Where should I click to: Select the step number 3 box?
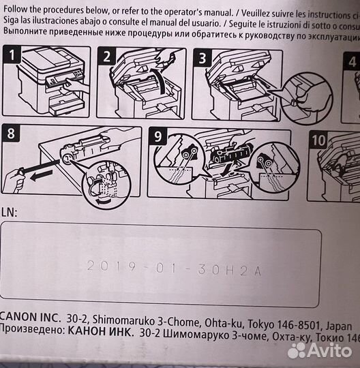[x=202, y=59]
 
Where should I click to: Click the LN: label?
[x=10, y=213]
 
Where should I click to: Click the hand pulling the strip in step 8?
[x=10, y=181]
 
